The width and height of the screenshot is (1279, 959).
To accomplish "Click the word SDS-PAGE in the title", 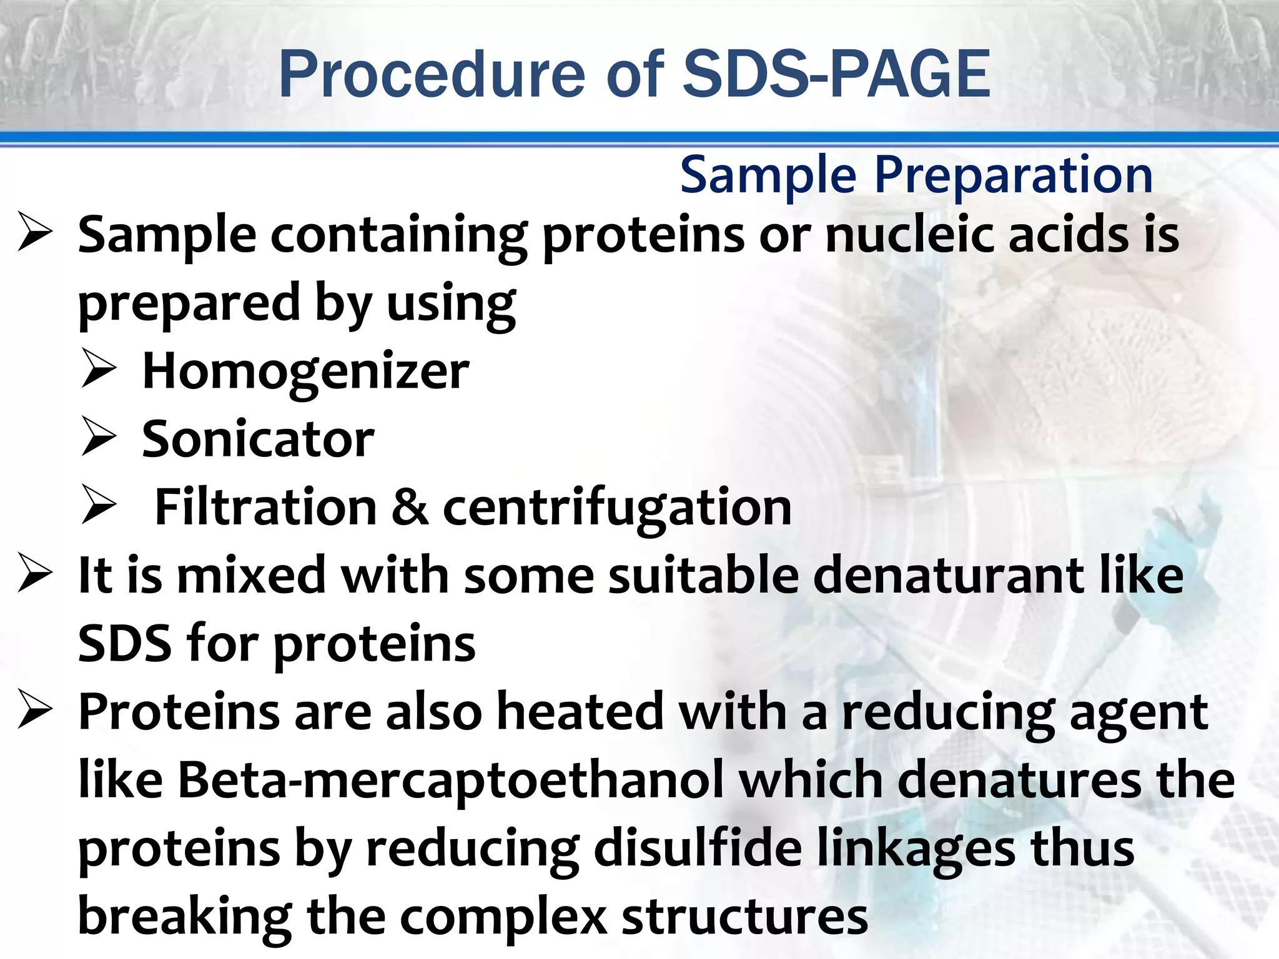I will pyautogui.click(x=837, y=75).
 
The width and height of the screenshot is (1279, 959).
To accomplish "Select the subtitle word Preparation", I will pyautogui.click(x=1013, y=175).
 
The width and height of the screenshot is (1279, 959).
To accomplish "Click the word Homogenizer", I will pyautogui.click(x=305, y=371).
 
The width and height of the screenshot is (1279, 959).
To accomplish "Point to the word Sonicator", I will pyautogui.click(x=258, y=440).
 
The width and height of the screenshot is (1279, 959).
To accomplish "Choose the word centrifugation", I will pyautogui.click(x=617, y=508).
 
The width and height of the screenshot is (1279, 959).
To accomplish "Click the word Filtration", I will pyautogui.click(x=265, y=508).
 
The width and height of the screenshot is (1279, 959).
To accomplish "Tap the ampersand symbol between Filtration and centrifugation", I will pyautogui.click(x=410, y=508).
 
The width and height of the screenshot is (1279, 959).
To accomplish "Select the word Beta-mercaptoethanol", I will pyautogui.click(x=451, y=780).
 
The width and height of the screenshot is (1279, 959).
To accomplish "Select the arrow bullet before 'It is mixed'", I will pyautogui.click(x=35, y=573).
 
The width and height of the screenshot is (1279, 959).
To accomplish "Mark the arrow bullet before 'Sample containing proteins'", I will pyautogui.click(x=35, y=232).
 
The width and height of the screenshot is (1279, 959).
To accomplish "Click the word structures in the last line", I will pyautogui.click(x=744, y=917).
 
